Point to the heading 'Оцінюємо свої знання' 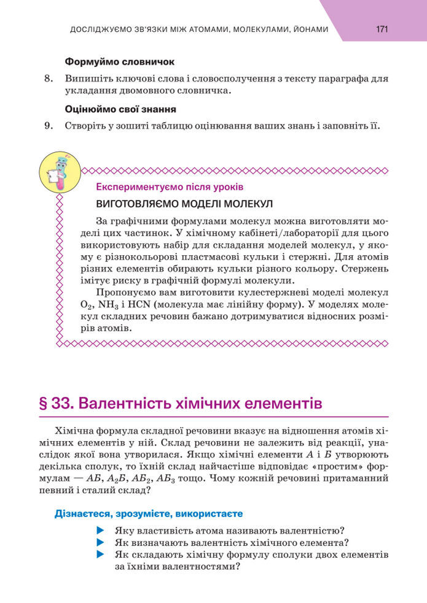pyautogui.click(x=121, y=110)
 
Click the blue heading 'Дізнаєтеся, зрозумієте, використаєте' pyautogui.click(x=149, y=513)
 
